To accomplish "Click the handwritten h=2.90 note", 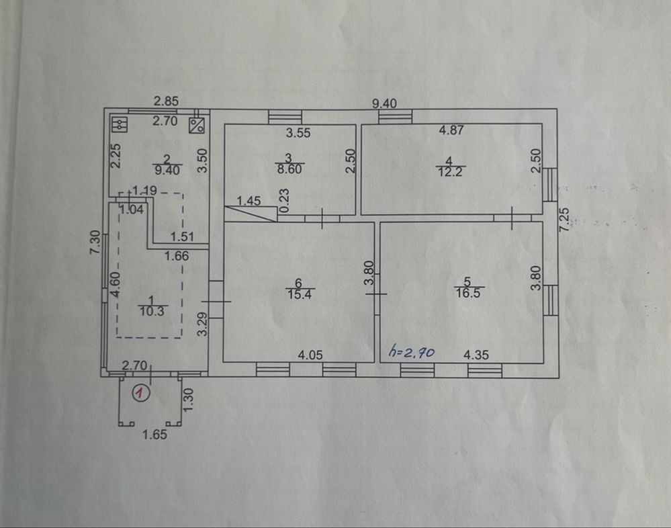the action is pos(411,352).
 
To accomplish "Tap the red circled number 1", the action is pos(141,392).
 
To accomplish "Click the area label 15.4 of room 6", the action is pos(300,294).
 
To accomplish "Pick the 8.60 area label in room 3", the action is pos(289,169).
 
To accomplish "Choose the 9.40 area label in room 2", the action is pos(167,170).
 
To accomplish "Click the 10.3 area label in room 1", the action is pos(152,311).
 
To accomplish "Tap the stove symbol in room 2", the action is pos(120,124).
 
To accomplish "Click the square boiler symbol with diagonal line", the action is pos(196,125).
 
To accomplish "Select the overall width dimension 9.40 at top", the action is pos(384,103).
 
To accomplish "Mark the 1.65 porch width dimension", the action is pos(155,435).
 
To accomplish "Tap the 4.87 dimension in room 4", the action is pos(451,130).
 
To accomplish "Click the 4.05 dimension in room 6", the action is pos(310,355).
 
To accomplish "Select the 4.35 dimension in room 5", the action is pos(476,355).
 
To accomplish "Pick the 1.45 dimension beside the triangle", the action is pos(249,201).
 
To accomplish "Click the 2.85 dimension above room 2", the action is pos(166,101).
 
